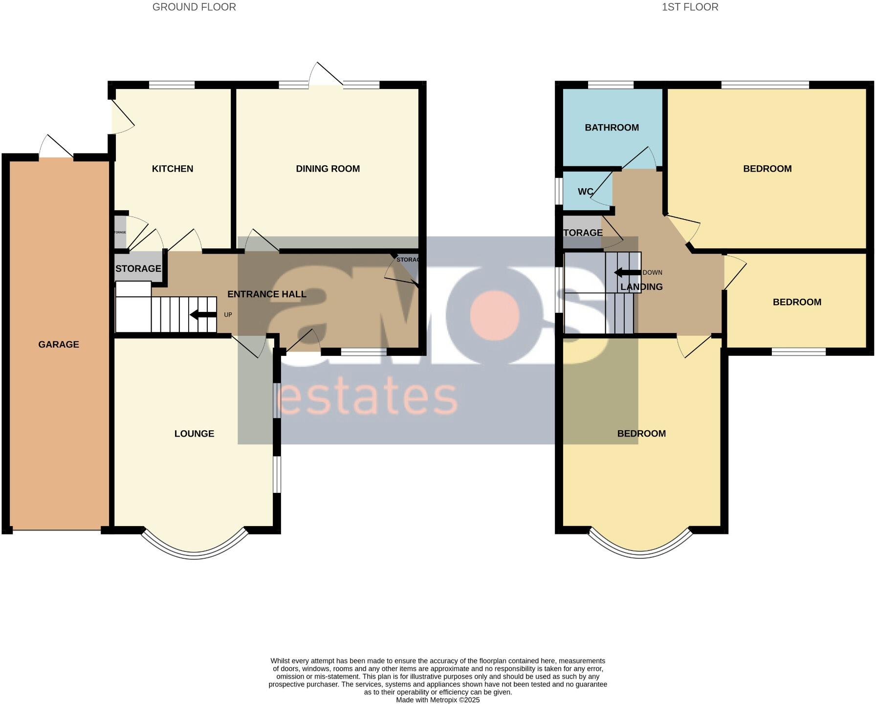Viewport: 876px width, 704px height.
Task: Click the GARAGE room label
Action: tap(59, 345)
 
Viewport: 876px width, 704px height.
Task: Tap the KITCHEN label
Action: tap(173, 169)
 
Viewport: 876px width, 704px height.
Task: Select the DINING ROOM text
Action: tap(328, 169)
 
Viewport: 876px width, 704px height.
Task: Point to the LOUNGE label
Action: tap(194, 434)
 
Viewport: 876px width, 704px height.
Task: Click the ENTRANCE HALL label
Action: tap(267, 294)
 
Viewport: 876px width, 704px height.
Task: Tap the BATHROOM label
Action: tap(612, 128)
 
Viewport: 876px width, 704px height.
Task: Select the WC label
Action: tap(585, 192)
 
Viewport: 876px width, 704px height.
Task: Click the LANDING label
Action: tap(641, 287)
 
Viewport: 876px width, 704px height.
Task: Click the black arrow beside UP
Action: tap(203, 315)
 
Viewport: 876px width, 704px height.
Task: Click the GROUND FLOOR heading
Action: tap(194, 7)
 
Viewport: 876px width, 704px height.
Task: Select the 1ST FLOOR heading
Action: tap(690, 7)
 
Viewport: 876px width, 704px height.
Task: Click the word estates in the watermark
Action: tap(367, 397)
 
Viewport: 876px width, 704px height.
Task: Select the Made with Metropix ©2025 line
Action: tap(438, 700)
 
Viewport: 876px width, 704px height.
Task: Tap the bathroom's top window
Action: tap(611, 85)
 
